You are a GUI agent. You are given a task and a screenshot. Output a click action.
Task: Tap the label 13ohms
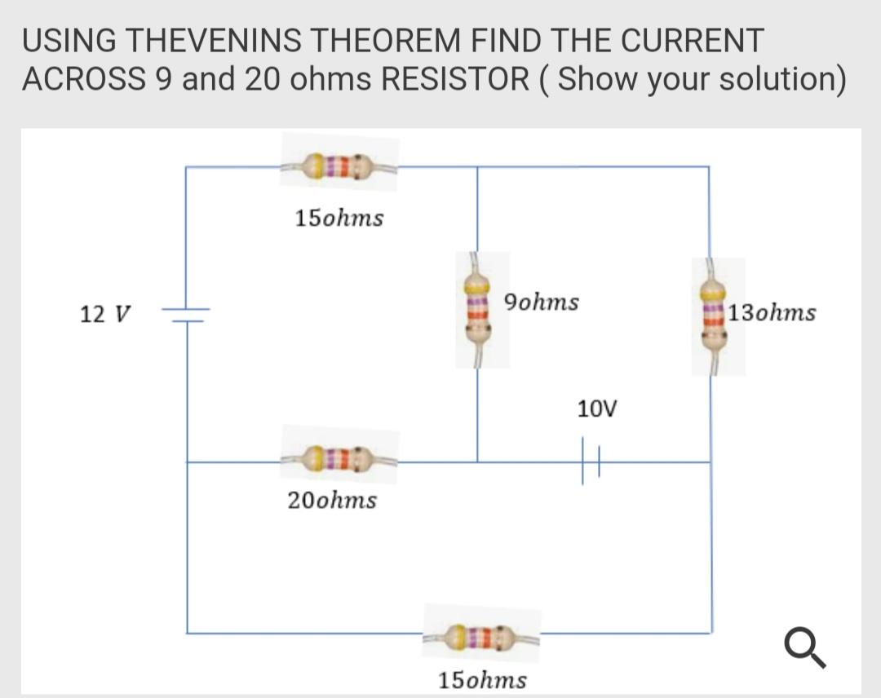772,312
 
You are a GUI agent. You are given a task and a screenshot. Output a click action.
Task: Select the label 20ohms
332,500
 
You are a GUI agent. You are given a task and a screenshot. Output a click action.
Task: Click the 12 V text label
106,314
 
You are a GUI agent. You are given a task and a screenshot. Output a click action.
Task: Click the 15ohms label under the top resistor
339,218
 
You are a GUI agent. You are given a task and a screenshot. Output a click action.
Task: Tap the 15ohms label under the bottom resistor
482,679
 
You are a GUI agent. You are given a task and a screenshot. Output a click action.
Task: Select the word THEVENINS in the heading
212,39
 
